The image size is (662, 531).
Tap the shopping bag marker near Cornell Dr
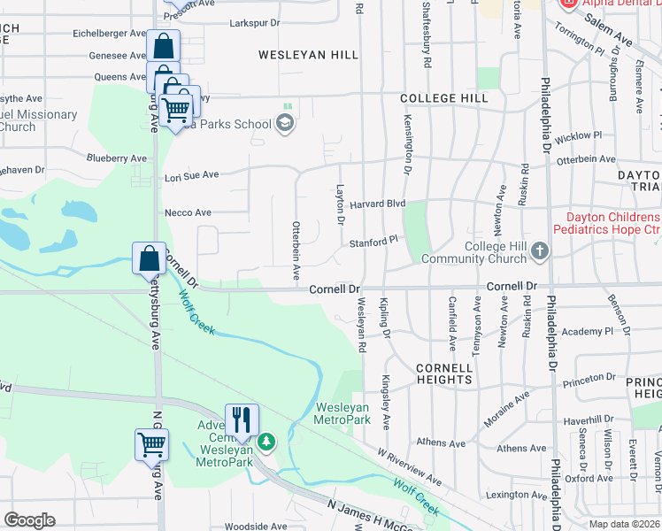pos(150,258)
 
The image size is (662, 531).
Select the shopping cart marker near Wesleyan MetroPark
pos(151,443)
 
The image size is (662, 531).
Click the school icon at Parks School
pos(285,124)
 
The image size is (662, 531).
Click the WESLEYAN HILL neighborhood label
pos(308,55)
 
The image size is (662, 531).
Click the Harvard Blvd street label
pos(377,204)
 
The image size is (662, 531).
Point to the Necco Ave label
pos(188,212)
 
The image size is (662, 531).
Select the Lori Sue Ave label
pos(191,176)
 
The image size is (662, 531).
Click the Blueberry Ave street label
pos(117,158)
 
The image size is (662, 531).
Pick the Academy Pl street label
pos(586,330)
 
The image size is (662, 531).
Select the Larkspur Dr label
pos(254,22)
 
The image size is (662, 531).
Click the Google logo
pos(29,521)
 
